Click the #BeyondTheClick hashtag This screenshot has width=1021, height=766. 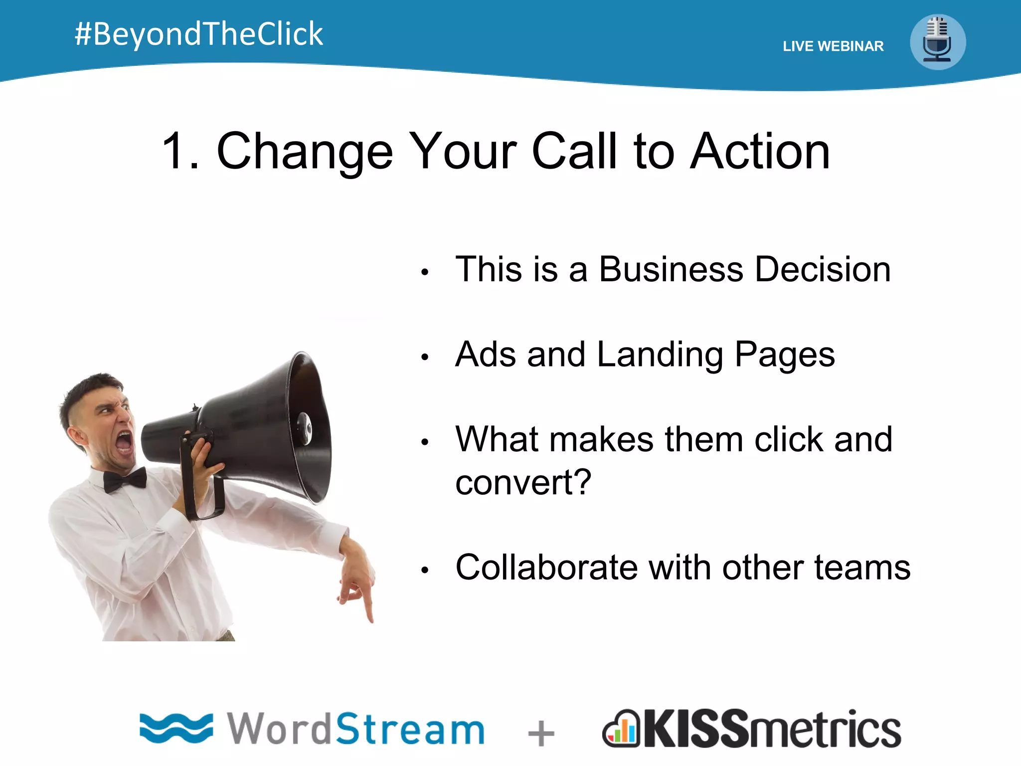(x=198, y=34)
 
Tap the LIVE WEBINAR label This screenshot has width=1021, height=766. (x=833, y=46)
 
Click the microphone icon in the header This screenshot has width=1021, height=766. (x=937, y=42)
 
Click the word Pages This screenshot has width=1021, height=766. (x=785, y=355)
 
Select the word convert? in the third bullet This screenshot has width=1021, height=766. (x=523, y=483)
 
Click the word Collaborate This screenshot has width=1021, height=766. (x=546, y=568)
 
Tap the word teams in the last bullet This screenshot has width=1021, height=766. (x=862, y=568)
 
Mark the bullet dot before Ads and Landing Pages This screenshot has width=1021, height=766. (x=425, y=357)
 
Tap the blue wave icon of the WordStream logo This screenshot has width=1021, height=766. (x=176, y=728)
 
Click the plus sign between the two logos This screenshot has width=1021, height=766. (x=541, y=734)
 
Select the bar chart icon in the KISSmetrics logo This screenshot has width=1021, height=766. (x=621, y=730)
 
